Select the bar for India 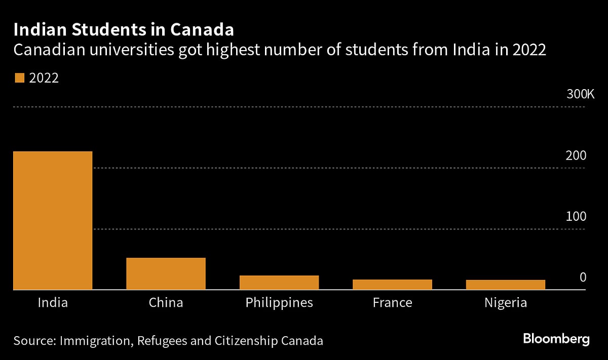53,220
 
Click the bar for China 166,273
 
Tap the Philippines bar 279,283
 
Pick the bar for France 392,285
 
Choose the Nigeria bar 505,285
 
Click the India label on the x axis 53,303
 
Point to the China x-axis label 166,303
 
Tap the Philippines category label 279,303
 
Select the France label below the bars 392,303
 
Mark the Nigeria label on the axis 505,303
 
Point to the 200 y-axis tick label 576,156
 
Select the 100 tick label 576,217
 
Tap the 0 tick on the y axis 583,277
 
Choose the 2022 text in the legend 44,78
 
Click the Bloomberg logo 556,339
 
